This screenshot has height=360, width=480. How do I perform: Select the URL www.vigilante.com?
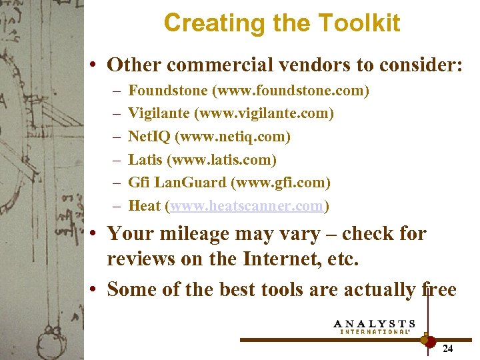tap(263, 113)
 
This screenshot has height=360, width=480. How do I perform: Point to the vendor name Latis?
tap(144, 159)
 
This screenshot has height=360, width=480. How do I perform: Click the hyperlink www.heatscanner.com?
tap(247, 205)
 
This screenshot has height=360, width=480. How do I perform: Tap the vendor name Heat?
tap(144, 205)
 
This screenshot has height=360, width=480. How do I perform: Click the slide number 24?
tap(448, 348)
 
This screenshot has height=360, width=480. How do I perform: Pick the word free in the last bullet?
tap(439, 289)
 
